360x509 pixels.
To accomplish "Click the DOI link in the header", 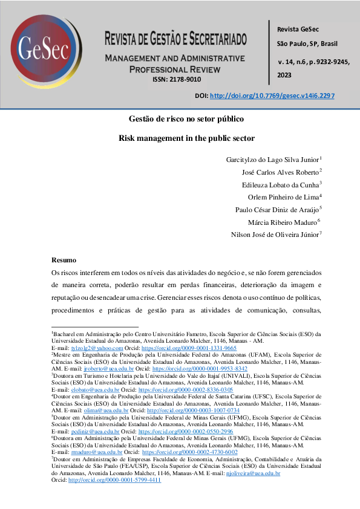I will (272, 96).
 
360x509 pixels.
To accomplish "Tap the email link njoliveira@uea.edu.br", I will (252, 473).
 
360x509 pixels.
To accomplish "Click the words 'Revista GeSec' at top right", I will (297, 30).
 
